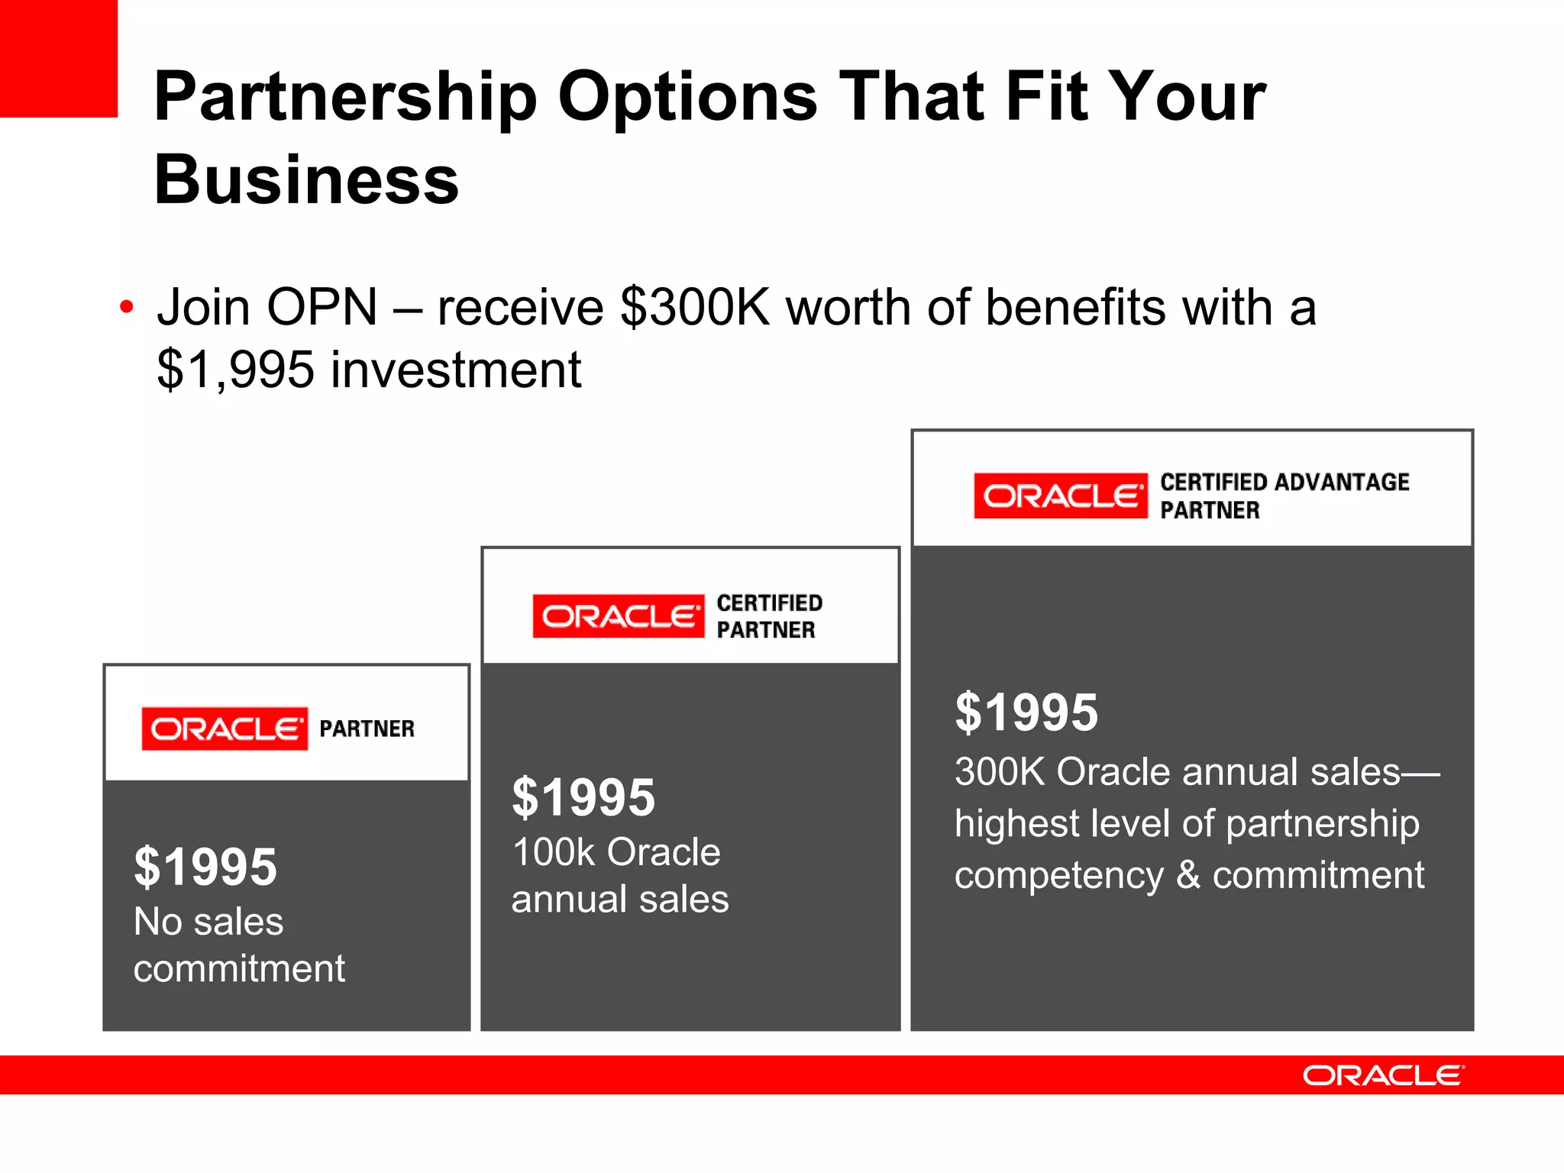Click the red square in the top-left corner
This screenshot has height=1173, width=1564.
pyautogui.click(x=58, y=58)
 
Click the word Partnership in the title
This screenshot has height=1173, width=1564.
pyautogui.click(x=345, y=98)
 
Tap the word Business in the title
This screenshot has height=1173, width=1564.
pyautogui.click(x=306, y=180)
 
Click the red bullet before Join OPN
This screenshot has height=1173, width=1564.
pyautogui.click(x=127, y=308)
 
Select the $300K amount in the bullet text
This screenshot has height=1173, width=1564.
pyautogui.click(x=696, y=308)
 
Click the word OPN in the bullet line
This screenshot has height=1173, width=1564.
pyautogui.click(x=322, y=308)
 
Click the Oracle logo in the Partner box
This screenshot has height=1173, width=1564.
pyautogui.click(x=225, y=729)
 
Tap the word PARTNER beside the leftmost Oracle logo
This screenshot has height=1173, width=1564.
pyautogui.click(x=367, y=729)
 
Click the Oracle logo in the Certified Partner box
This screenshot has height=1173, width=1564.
pyautogui.click(x=619, y=616)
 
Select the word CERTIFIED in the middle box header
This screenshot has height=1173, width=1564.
pyautogui.click(x=769, y=603)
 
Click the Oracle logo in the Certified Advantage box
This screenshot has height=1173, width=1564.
pyautogui.click(x=1060, y=496)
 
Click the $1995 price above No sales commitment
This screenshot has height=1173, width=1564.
pyautogui.click(x=205, y=867)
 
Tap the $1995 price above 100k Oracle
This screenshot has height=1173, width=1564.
pyautogui.click(x=583, y=797)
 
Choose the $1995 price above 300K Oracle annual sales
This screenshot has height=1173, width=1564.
pyautogui.click(x=1026, y=713)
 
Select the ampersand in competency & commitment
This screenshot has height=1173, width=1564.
pyautogui.click(x=1188, y=875)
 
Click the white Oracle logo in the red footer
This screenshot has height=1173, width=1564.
pyautogui.click(x=1383, y=1075)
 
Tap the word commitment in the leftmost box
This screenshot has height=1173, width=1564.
pyautogui.click(x=239, y=969)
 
